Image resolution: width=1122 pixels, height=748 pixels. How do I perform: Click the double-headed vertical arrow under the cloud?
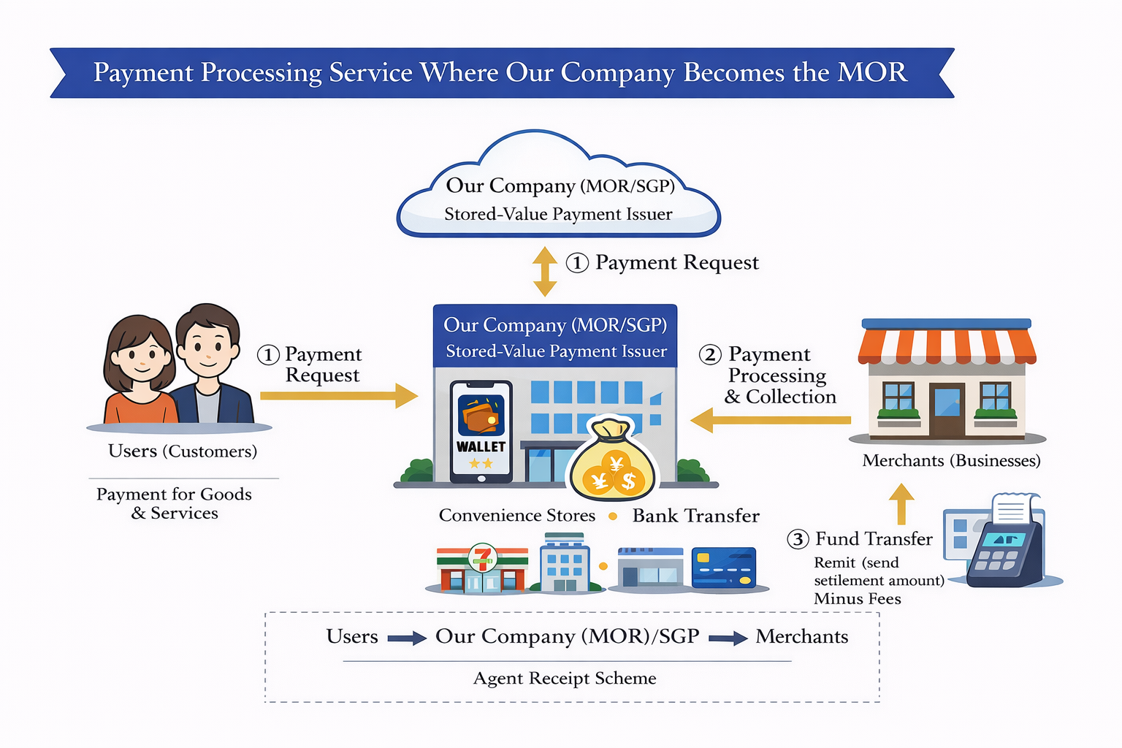click(545, 271)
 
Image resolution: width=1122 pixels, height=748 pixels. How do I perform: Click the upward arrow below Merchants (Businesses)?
click(901, 503)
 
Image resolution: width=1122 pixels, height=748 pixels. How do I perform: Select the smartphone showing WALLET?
click(481, 431)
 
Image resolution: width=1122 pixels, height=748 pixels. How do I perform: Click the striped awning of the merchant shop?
click(947, 346)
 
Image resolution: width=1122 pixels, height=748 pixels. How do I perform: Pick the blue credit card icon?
click(723, 568)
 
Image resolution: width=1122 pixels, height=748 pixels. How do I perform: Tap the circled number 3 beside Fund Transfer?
click(798, 540)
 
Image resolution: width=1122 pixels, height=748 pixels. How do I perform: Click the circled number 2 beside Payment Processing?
click(710, 355)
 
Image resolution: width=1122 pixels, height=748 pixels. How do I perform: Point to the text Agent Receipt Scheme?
click(565, 679)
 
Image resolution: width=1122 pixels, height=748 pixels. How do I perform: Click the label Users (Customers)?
click(183, 451)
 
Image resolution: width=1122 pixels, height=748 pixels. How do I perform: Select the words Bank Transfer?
click(695, 516)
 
